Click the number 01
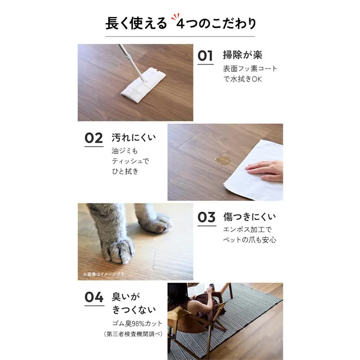click(x=205, y=56)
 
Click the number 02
click(x=93, y=138)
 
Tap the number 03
click(x=206, y=218)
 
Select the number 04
click(x=94, y=297)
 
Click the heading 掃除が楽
click(x=243, y=55)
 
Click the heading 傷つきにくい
click(x=249, y=218)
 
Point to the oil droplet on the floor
click(x=222, y=161)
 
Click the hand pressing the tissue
click(x=266, y=170)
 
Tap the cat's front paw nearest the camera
click(x=119, y=249)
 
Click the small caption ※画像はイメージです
click(x=104, y=274)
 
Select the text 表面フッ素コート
click(x=250, y=69)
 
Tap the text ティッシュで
click(x=131, y=161)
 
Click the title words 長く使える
click(x=136, y=24)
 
